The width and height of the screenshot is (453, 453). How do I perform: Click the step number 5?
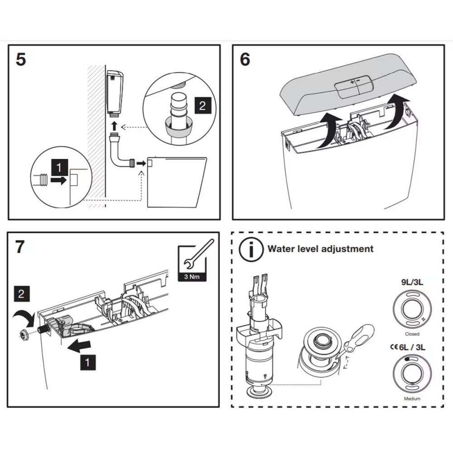pyautogui.click(x=21, y=60)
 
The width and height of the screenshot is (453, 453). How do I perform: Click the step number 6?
pyautogui.click(x=245, y=60)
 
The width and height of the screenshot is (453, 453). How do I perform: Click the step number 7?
pyautogui.click(x=20, y=247)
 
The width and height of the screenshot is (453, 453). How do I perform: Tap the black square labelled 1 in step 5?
pyautogui.click(x=58, y=168)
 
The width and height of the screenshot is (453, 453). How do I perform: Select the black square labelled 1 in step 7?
pyautogui.click(x=87, y=362)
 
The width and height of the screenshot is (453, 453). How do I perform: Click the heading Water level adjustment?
pyautogui.click(x=320, y=249)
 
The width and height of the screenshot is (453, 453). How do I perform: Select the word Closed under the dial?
pyautogui.click(x=412, y=334)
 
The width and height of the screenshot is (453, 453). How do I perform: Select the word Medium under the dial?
pyautogui.click(x=412, y=399)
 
